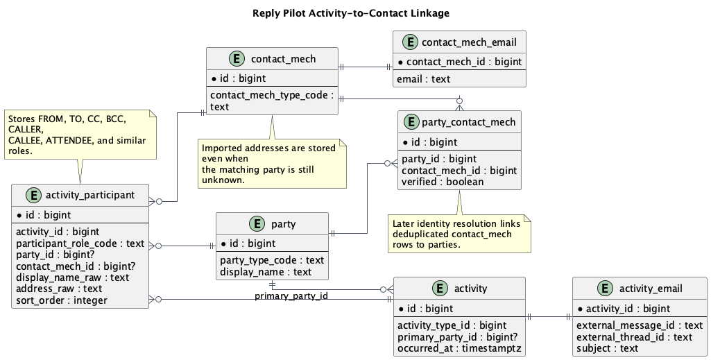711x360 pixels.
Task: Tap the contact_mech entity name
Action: pos(283,59)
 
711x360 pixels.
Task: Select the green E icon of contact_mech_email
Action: pos(409,42)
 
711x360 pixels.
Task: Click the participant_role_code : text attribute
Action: pos(80,243)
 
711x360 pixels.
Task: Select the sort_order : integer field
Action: pos(61,300)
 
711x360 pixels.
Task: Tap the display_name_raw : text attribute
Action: pos(72,277)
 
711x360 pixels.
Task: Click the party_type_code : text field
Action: pos(272,260)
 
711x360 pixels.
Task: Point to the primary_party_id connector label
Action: pos(291,296)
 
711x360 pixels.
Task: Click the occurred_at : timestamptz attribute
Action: pos(459,348)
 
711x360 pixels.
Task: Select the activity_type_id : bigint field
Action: pos(452,325)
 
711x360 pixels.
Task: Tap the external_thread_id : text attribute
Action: pos(634,336)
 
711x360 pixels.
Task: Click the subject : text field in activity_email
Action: pos(607,348)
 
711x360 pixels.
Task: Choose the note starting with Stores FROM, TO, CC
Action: pos(80,135)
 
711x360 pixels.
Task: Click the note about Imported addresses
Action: pos(271,164)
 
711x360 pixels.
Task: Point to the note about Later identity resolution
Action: pos(459,234)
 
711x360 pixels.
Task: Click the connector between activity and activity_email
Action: pos(549,317)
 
